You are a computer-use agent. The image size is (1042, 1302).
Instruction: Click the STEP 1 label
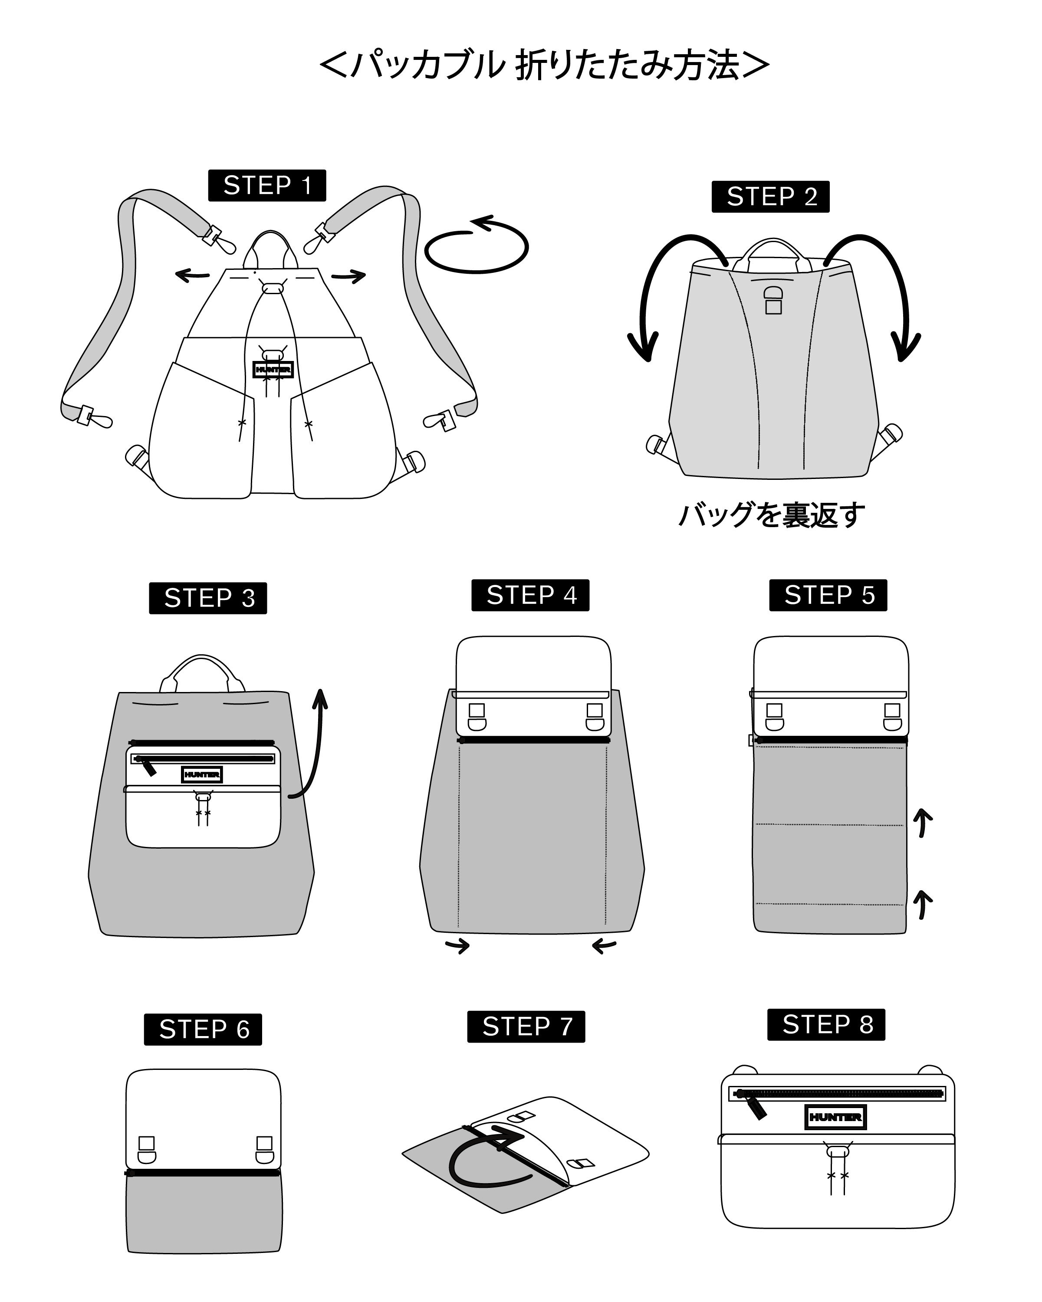[x=267, y=185]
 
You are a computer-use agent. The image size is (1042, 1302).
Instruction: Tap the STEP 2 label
[x=771, y=196]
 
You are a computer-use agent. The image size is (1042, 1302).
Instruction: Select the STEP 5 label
[x=828, y=595]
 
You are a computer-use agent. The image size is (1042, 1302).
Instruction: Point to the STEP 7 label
[x=526, y=1026]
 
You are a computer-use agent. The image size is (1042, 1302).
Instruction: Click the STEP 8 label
[x=826, y=1024]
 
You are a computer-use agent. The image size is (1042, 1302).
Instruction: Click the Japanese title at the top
[x=544, y=65]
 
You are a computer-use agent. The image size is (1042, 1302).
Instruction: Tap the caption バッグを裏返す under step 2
[x=771, y=515]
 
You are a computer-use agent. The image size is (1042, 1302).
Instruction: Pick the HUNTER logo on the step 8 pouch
[x=835, y=1117]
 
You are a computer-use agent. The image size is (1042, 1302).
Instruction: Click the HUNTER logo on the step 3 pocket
[x=202, y=774]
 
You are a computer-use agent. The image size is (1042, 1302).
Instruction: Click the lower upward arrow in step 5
[x=922, y=904]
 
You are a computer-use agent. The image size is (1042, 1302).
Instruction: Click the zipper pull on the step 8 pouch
[x=756, y=1106]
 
